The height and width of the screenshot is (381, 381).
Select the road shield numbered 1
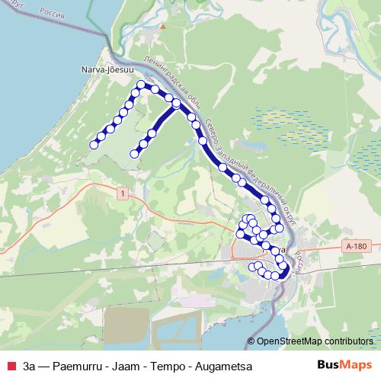click(x=121, y=194)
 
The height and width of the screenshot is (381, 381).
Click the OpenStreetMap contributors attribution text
click(x=314, y=341)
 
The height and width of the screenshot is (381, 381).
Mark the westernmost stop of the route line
click(x=94, y=144)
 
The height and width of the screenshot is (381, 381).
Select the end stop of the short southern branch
click(x=135, y=153)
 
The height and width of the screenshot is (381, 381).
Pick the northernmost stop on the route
click(x=141, y=85)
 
